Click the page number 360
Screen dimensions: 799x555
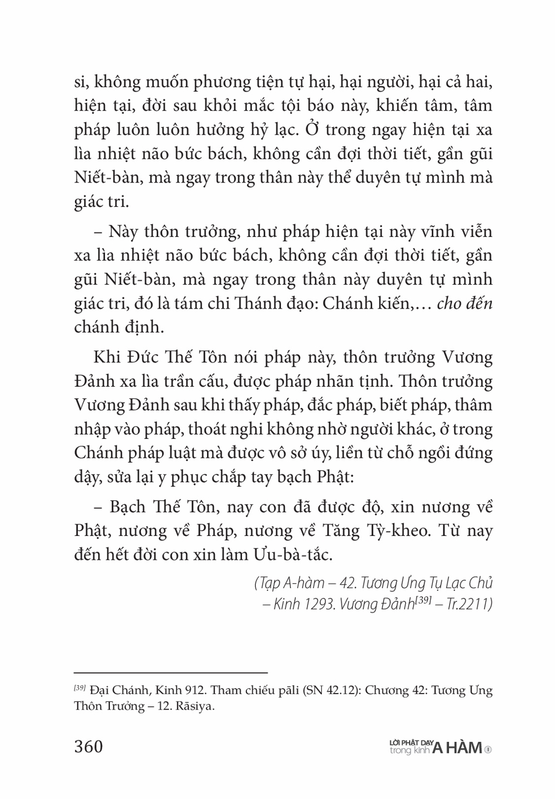(x=89, y=746)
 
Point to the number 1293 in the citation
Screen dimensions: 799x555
(x=321, y=604)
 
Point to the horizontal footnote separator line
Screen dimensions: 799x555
(x=171, y=671)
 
